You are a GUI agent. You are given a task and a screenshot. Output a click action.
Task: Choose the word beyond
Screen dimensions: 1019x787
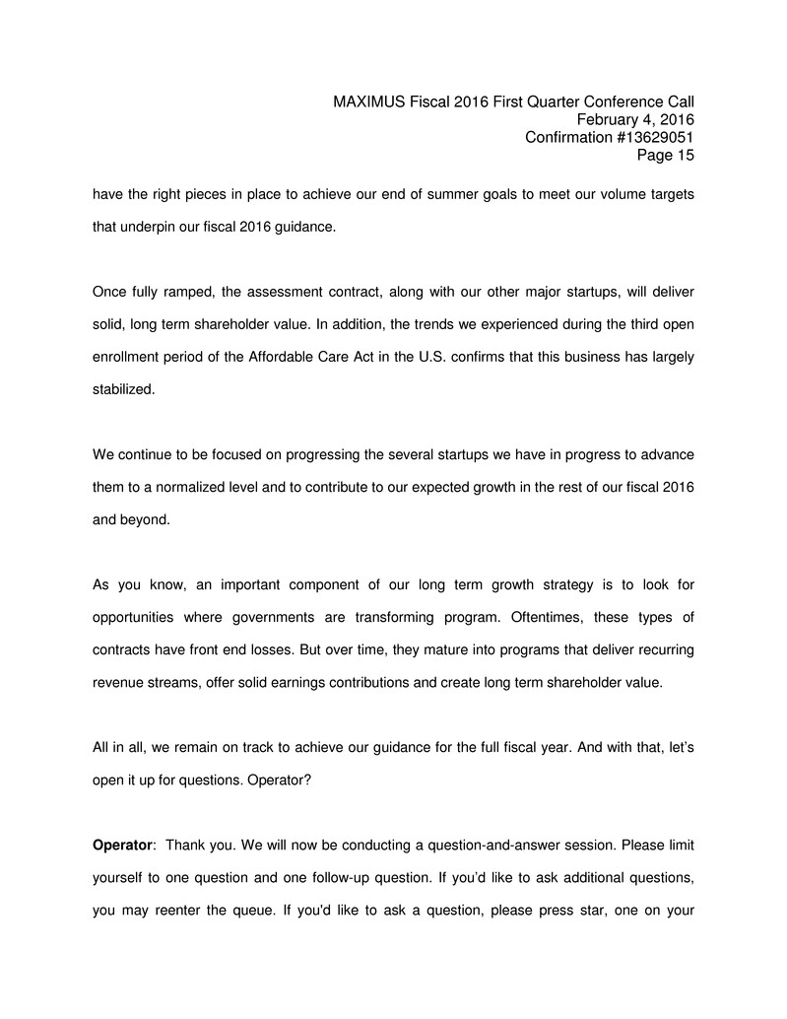[x=147, y=518]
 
